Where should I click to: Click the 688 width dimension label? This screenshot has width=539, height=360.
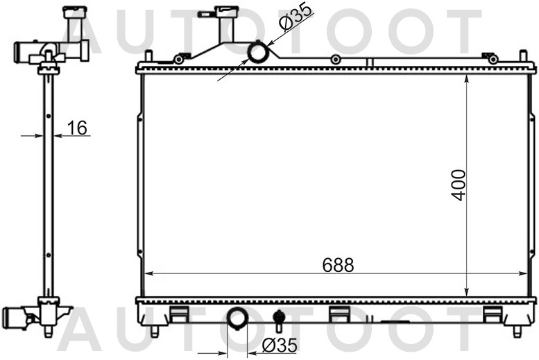tap(338, 265)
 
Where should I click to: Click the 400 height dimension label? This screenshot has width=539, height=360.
tap(459, 185)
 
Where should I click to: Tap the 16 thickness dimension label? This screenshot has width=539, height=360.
tap(77, 128)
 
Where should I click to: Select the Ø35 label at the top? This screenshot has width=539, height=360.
tap(296, 17)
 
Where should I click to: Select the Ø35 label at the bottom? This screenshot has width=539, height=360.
tap(279, 345)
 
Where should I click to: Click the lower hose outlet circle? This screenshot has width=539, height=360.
tap(237, 318)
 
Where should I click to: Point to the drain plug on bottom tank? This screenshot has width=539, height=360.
tap(278, 319)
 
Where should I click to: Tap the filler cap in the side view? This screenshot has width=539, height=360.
tap(76, 12)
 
